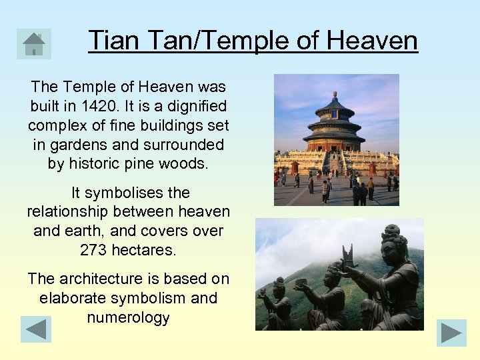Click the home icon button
click(x=33, y=44)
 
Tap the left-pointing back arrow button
click(x=36, y=329)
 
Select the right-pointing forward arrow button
click(x=451, y=333)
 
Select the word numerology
click(x=128, y=317)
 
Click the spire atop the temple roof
click(x=335, y=95)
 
